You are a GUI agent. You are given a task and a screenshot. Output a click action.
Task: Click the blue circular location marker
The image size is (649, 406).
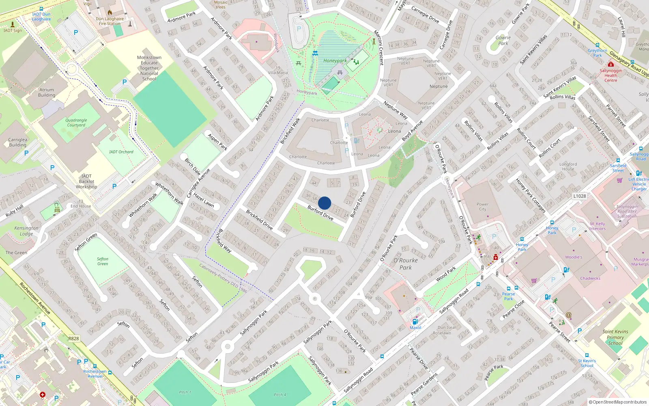[x=324, y=203]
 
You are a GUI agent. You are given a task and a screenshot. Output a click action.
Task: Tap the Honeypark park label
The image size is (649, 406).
[x=335, y=61]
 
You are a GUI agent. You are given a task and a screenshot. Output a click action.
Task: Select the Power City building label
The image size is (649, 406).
[x=482, y=207]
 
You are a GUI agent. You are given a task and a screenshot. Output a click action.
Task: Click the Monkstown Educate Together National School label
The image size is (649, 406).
[x=149, y=68]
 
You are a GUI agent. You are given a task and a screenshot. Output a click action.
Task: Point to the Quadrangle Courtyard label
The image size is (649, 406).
[x=76, y=123]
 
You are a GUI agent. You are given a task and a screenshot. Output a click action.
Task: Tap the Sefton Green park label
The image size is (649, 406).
[x=103, y=261]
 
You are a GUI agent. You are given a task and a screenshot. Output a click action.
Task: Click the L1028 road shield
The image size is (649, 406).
[x=580, y=196]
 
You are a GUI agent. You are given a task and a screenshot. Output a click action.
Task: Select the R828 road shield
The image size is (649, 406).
[x=73, y=339]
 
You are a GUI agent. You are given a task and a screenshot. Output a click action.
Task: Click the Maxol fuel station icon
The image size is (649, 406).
[x=415, y=322]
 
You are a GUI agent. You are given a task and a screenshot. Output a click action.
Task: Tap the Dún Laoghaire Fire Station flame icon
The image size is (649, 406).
[x=110, y=13]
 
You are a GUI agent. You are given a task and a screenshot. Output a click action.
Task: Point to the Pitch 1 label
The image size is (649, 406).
[x=185, y=392]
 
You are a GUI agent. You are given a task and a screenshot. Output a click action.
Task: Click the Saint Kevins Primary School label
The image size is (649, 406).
[x=615, y=337]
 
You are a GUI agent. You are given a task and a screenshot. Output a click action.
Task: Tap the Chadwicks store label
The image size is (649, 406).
[x=590, y=279]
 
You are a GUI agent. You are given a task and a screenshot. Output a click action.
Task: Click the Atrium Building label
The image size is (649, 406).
[x=47, y=93]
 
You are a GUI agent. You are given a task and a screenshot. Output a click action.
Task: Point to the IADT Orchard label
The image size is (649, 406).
[x=121, y=152]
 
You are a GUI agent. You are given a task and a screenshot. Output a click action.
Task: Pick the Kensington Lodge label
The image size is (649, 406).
[x=26, y=231]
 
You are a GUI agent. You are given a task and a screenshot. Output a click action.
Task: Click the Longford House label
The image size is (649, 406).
[x=568, y=166]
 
